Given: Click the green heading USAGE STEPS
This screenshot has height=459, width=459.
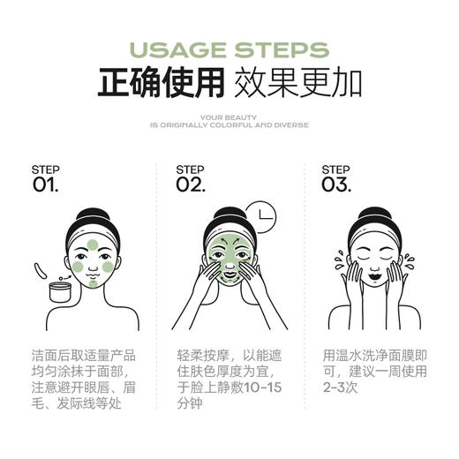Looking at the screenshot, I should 229,49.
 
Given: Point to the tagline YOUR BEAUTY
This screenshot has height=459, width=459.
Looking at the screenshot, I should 229,116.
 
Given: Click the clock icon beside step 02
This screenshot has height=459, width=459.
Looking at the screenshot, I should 260,216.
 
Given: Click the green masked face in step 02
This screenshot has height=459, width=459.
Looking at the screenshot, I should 229,256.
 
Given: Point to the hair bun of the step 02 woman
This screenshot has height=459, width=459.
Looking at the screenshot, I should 229,215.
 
